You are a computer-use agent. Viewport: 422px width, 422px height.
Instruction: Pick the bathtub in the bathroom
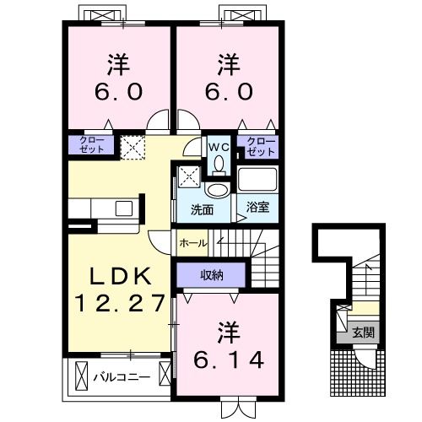coord(257,181)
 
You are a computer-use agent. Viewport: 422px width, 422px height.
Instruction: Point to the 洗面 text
coord(201,208)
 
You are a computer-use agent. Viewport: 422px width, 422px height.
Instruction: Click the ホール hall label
coord(191,243)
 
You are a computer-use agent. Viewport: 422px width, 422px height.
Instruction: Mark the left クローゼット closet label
coord(92,144)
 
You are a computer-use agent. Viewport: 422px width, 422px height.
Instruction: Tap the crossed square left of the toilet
coord(187,176)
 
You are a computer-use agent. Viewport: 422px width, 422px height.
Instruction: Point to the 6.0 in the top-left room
coord(119,91)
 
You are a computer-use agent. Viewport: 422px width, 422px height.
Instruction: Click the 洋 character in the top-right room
coord(226,63)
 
